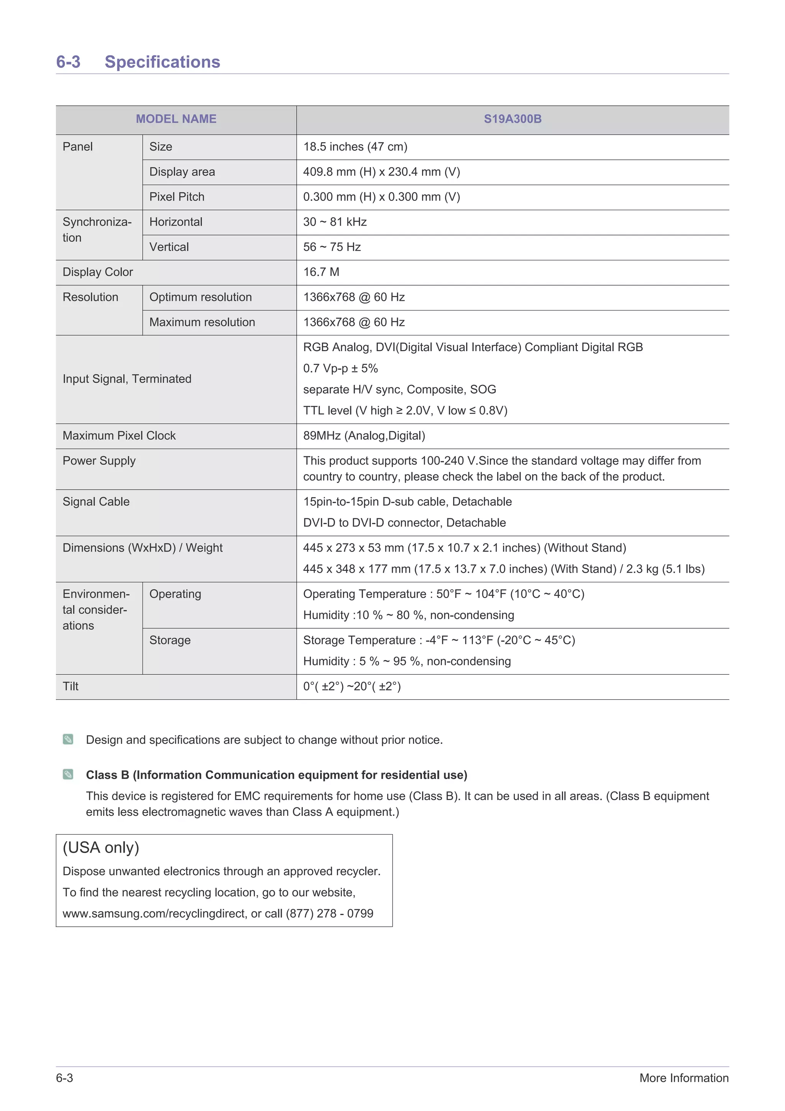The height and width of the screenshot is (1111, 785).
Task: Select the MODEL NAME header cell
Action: pyautogui.click(x=176, y=119)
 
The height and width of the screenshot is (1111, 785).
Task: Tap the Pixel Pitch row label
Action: pyautogui.click(x=177, y=197)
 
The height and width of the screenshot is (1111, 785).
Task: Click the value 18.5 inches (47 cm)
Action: pyautogui.click(x=355, y=146)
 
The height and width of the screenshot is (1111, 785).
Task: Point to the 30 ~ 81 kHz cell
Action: pyautogui.click(x=335, y=222)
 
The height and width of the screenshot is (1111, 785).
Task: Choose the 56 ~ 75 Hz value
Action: pyautogui.click(x=332, y=247)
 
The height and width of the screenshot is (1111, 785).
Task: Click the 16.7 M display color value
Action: pyautogui.click(x=321, y=273)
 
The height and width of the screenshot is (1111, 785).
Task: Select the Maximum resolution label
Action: pyautogui.click(x=202, y=322)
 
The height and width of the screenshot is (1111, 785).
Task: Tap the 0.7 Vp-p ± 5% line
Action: pyautogui.click(x=340, y=369)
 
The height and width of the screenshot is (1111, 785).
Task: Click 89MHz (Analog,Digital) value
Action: pyautogui.click(x=364, y=436)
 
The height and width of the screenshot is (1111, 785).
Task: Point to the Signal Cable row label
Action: pyautogui.click(x=96, y=502)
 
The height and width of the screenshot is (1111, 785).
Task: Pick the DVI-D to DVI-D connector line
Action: pyautogui.click(x=404, y=523)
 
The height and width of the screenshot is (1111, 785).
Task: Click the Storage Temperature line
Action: pyautogui.click(x=439, y=641)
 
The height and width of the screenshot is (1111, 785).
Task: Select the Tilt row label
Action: pyautogui.click(x=71, y=687)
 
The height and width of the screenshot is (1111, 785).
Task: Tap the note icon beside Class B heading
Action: pyautogui.click(x=68, y=775)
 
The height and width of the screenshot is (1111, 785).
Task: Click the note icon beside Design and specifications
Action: pyautogui.click(x=68, y=740)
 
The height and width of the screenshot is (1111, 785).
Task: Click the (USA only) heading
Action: pyautogui.click(x=100, y=848)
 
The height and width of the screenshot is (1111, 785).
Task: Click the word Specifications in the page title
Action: pyautogui.click(x=162, y=62)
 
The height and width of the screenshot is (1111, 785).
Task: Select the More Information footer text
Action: pyautogui.click(x=683, y=1078)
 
